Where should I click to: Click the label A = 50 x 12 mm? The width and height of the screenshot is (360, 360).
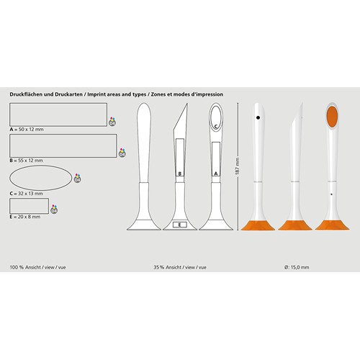pyautogui.click(x=27, y=130)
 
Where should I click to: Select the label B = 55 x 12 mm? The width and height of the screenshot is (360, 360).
pyautogui.click(x=27, y=161)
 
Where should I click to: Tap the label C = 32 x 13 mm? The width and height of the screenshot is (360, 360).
pyautogui.click(x=27, y=194)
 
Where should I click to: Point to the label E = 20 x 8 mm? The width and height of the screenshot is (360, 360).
pyautogui.click(x=25, y=217)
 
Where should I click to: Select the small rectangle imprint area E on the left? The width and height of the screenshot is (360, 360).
pyautogui.click(x=29, y=206)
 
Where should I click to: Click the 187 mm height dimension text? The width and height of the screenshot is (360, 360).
pyautogui.click(x=238, y=166)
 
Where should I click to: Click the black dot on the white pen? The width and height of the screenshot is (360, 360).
pyautogui.click(x=258, y=117)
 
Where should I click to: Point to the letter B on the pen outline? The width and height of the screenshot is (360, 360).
pyautogui.click(x=180, y=174)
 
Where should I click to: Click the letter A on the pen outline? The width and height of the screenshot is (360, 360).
pyautogui.click(x=216, y=174)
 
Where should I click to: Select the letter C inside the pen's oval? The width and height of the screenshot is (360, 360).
pyautogui.click(x=216, y=126)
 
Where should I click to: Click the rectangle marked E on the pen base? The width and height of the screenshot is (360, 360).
pyautogui.click(x=180, y=225)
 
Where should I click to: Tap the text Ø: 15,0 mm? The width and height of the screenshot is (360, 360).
pyautogui.click(x=297, y=267)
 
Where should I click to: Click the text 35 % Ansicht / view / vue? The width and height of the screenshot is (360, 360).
pyautogui.click(x=180, y=267)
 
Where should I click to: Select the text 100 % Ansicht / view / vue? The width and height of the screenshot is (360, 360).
pyautogui.click(x=37, y=267)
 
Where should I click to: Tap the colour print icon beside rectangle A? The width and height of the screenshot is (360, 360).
pyautogui.click(x=112, y=122)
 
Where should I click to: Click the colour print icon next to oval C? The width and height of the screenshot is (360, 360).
pyautogui.click(x=77, y=179)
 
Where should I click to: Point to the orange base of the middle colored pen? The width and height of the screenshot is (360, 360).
pyautogui.click(x=295, y=225)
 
